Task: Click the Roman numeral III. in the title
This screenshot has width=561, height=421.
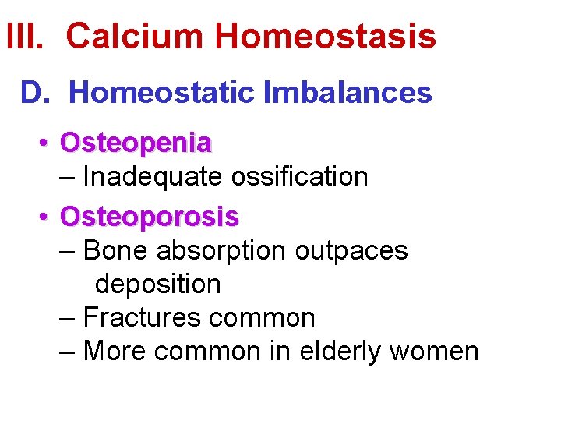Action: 28,37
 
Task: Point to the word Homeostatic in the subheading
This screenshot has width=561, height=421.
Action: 161,93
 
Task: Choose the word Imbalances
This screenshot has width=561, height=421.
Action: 347,93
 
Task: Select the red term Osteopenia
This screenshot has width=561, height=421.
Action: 136,143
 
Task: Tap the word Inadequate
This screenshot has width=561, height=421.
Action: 152,177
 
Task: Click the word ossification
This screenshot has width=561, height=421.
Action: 298,177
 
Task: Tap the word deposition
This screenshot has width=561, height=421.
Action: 157,285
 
